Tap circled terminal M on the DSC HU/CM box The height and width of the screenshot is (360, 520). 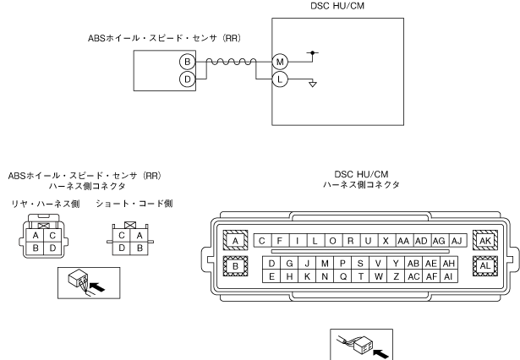pyautogui.click(x=280, y=62)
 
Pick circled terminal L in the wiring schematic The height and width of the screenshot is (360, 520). pyautogui.click(x=280, y=79)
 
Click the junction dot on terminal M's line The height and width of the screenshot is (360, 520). pyautogui.click(x=314, y=52)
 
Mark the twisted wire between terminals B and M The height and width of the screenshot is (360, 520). pyautogui.click(x=233, y=62)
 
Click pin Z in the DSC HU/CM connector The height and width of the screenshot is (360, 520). pyautogui.click(x=397, y=275)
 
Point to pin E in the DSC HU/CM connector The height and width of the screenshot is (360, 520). pyautogui.click(x=271, y=275)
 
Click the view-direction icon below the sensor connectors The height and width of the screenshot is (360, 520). pyautogui.click(x=79, y=282)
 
